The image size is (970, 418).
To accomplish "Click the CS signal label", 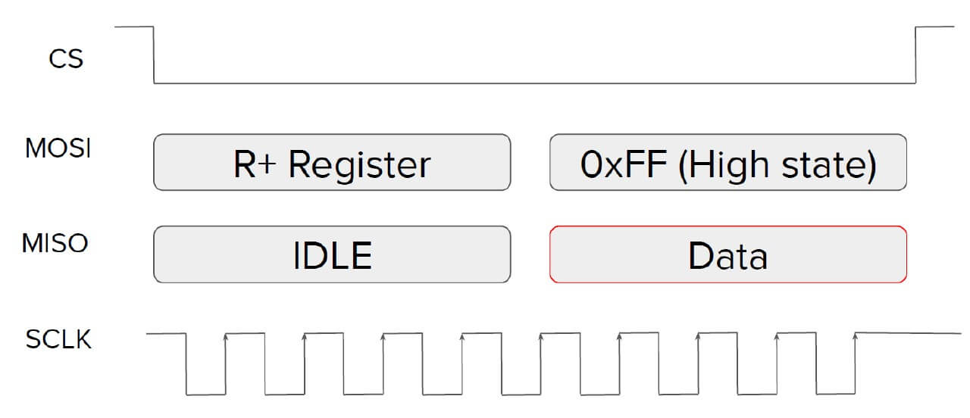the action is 66,59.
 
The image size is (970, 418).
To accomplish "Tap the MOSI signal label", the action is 58,148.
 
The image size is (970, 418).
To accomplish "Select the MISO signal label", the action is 55,243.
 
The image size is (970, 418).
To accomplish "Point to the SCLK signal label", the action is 58,338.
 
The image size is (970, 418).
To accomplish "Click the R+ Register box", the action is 332,162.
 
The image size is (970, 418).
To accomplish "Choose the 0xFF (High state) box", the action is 728,162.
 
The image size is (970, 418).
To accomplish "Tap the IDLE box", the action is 332,254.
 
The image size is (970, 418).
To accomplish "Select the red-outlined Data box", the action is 728,254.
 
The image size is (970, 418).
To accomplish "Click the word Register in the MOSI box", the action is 359,166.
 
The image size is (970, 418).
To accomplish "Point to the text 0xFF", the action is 624,164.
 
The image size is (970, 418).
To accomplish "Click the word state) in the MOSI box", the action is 829,165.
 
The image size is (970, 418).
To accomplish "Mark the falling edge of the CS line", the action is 154,55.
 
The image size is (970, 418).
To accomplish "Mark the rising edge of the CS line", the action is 916,55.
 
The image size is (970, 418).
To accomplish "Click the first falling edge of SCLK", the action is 186,364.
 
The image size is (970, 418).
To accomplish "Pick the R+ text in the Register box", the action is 255,164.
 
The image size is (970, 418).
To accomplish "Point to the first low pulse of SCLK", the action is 206,395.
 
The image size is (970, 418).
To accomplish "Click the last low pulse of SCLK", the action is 836,394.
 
